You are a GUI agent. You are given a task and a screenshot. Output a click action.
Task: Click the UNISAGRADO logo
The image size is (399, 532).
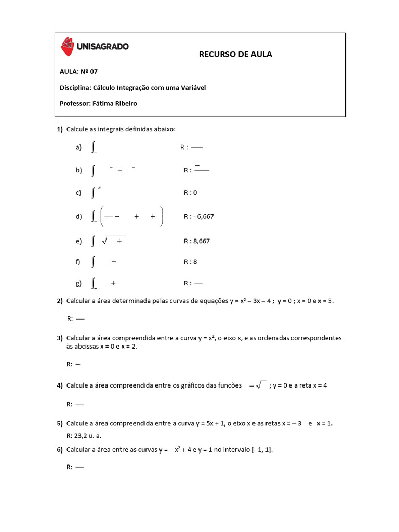95,46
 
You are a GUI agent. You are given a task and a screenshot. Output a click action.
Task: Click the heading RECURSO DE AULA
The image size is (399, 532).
235,54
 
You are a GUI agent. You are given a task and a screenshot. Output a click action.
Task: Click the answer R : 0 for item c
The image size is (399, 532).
190,193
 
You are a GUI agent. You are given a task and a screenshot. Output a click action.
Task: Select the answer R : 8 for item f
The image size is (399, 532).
190,262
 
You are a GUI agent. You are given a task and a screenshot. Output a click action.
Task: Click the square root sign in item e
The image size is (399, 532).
105,241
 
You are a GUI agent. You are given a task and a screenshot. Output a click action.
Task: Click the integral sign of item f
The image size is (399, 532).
93,262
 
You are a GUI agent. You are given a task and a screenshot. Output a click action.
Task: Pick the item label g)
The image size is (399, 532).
78,283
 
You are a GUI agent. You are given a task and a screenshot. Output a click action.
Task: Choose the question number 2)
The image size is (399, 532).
60,301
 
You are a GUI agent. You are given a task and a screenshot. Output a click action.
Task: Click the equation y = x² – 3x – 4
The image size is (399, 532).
251,301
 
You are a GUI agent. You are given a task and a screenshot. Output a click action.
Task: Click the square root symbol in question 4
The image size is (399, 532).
261,385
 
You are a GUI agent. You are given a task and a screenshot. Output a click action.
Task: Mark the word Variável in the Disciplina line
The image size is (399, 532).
193,87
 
